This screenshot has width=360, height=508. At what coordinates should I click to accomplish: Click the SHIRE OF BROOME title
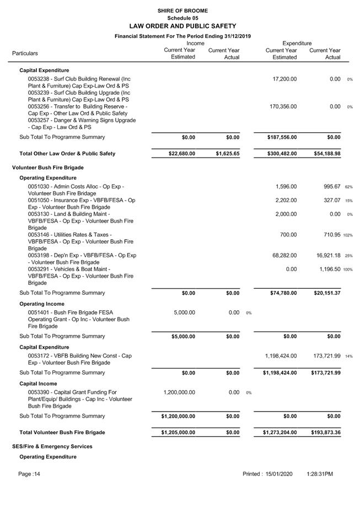[x=182, y=10]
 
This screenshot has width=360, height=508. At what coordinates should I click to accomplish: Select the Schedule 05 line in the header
[x=182, y=18]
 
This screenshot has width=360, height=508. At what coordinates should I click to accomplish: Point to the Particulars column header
[x=25, y=53]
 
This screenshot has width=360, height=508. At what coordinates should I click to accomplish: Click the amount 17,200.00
[x=284, y=79]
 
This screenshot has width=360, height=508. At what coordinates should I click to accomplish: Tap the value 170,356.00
[x=283, y=106]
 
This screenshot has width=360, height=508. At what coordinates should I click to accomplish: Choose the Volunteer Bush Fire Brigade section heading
[x=47, y=167]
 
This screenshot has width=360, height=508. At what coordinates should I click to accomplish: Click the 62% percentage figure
[x=348, y=187]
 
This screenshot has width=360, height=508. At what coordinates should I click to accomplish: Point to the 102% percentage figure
[x=347, y=235]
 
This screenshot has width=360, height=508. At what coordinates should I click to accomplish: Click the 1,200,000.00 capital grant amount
[x=179, y=392]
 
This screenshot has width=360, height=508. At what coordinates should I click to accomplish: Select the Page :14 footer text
[x=29, y=474]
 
